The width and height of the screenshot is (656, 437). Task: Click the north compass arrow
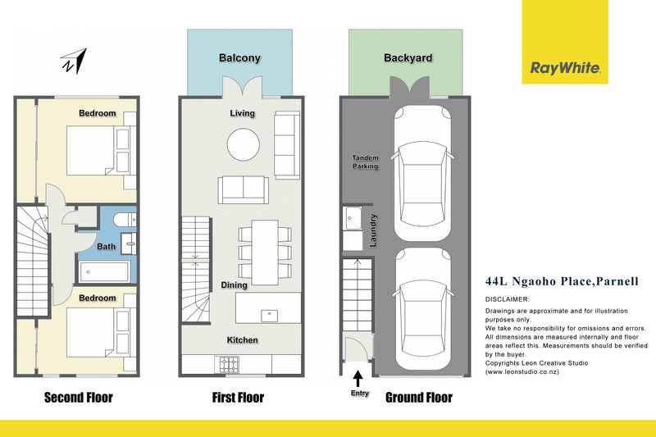(74, 61)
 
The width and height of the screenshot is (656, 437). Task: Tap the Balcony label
(239, 57)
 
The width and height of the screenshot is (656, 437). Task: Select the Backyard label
(408, 57)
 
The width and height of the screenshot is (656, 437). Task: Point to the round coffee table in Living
(243, 144)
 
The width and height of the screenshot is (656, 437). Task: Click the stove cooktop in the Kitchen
(227, 364)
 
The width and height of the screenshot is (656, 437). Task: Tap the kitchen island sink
(270, 316)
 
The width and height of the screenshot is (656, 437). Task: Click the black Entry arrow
(358, 379)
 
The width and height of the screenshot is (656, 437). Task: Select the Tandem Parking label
(365, 162)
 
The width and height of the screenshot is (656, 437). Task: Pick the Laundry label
(373, 230)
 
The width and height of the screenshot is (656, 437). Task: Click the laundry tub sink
(353, 218)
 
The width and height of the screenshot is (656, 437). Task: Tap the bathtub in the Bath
(104, 272)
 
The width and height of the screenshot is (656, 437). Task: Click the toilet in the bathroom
(125, 220)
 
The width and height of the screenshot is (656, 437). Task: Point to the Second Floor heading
(79, 398)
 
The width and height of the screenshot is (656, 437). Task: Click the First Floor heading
(238, 398)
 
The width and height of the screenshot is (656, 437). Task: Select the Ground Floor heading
(419, 398)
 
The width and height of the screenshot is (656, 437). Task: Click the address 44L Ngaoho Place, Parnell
(562, 281)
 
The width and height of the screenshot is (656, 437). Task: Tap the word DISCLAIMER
(508, 299)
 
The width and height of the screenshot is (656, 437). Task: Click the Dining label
(234, 285)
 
